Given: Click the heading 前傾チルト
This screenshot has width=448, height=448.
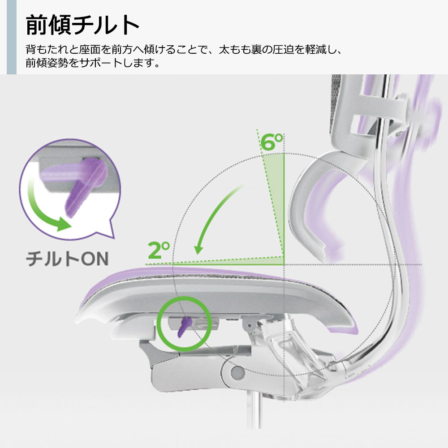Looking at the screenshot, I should [x=82, y=25].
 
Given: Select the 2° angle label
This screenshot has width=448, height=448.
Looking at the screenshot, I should [x=159, y=251].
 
